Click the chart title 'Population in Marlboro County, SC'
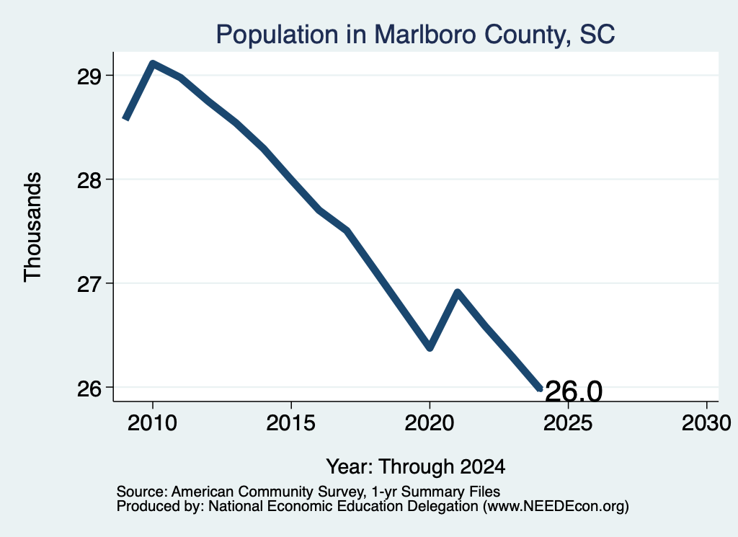click(x=415, y=35)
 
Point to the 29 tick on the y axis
click(x=89, y=76)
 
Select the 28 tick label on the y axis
click(x=89, y=180)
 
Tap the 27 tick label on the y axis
click(x=89, y=284)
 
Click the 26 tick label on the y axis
click(x=89, y=389)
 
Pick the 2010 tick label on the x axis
click(x=153, y=422)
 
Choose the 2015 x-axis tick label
click(x=291, y=422)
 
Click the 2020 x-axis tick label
click(x=430, y=422)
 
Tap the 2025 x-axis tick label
click(x=568, y=422)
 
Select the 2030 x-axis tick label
click(x=706, y=422)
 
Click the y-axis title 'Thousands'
click(x=32, y=227)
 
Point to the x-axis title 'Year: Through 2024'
click(x=416, y=466)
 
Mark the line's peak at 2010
click(x=153, y=63)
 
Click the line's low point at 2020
click(x=430, y=348)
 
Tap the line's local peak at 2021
click(x=458, y=293)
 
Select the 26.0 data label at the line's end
click(x=574, y=391)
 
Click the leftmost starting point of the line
click(x=125, y=119)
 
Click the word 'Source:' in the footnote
click(x=142, y=492)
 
